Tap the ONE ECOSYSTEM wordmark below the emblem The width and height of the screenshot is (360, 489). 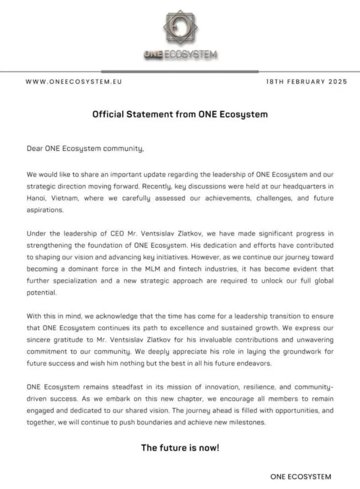click(x=180, y=54)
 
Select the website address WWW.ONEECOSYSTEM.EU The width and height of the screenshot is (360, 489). click(x=74, y=82)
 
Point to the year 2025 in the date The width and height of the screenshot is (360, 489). click(x=338, y=82)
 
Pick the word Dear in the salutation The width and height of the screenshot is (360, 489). click(x=35, y=149)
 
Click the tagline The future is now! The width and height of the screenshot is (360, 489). click(x=180, y=448)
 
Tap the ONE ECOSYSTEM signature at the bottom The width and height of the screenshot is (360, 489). click(x=300, y=477)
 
